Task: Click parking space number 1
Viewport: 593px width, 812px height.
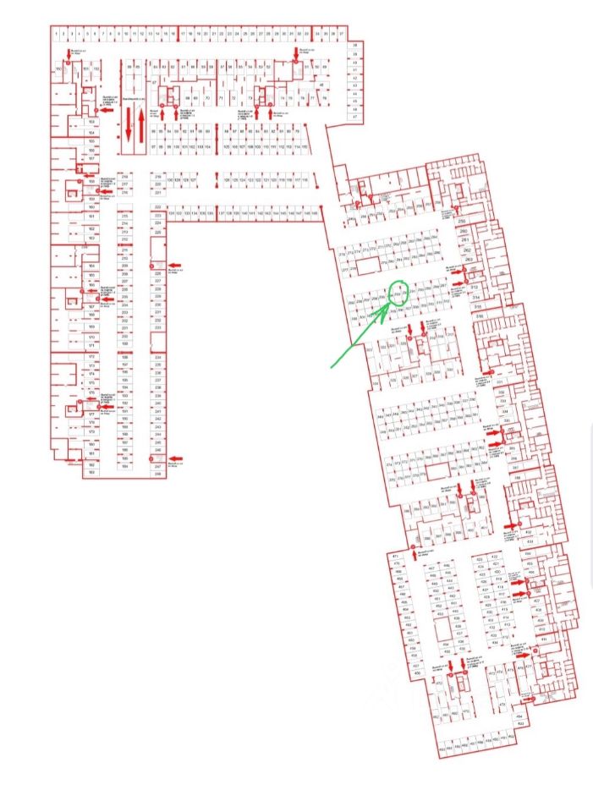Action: (56, 33)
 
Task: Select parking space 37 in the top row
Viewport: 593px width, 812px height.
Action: (341, 33)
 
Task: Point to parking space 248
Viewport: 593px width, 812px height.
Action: (157, 474)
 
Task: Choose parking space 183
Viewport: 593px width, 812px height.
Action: (91, 472)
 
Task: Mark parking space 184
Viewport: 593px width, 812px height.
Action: (125, 466)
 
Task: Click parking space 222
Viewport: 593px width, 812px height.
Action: (157, 206)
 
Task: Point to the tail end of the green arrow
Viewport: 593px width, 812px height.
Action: (332, 368)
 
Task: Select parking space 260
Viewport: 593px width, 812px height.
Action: (463, 231)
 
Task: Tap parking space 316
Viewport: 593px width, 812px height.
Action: (479, 316)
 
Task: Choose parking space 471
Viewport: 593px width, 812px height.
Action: (395, 556)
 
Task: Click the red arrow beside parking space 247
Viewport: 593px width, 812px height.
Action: (181, 458)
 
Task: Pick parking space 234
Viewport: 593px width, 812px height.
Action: (157, 358)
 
